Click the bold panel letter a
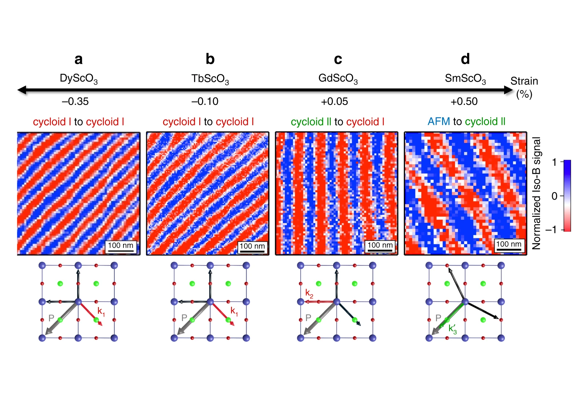click(78, 59)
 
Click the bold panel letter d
click(465, 59)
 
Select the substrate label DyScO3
click(79, 78)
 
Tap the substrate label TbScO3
click(210, 79)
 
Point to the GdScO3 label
click(338, 78)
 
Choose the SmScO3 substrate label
click(465, 78)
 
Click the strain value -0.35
click(75, 102)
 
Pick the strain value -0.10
click(205, 102)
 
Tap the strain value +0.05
click(334, 102)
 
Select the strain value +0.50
click(464, 102)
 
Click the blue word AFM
click(438, 121)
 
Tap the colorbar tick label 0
click(554, 196)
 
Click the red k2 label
click(309, 293)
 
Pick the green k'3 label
click(452, 329)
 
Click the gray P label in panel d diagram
click(438, 318)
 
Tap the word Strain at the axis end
click(524, 81)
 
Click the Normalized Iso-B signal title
click(537, 193)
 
